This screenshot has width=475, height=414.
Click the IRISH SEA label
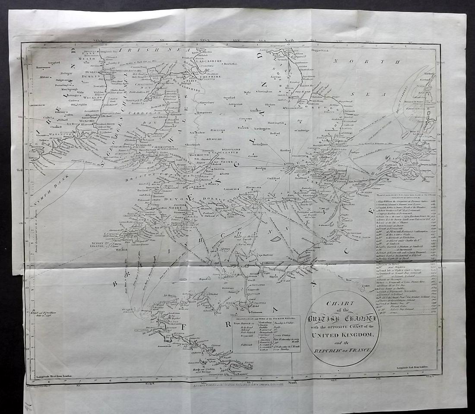click(138, 51)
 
